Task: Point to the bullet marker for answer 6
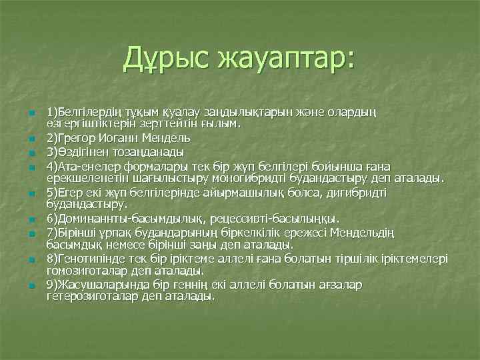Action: click(31, 219)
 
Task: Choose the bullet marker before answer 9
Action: click(31, 285)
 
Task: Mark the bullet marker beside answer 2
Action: click(31, 139)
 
